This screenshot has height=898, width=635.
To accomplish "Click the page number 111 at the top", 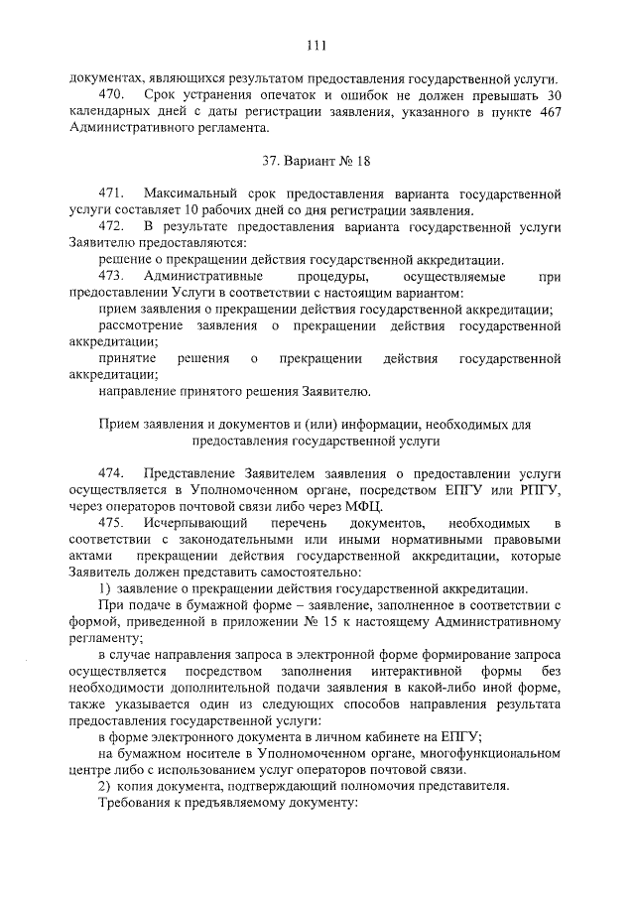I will point(317,45).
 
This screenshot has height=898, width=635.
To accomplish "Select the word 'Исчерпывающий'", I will point(193,523).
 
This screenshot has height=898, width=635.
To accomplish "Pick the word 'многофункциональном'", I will point(490,754).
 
